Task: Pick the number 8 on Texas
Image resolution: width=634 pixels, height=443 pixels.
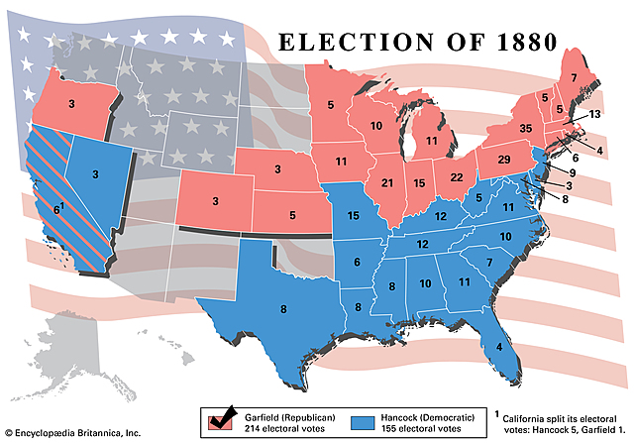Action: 283,310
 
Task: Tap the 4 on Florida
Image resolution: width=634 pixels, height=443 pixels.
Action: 498,347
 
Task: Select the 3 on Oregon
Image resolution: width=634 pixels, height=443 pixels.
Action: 72,103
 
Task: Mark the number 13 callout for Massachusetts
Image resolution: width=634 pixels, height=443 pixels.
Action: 593,115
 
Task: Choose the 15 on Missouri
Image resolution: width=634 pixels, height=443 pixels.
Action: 352,215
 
